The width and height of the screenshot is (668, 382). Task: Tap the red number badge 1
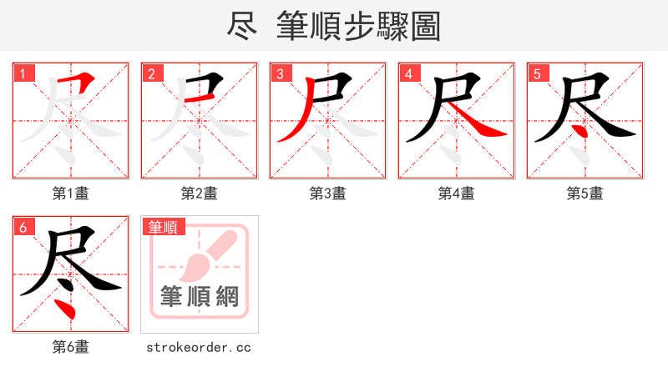[x=23, y=74]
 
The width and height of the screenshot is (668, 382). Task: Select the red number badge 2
[x=152, y=74]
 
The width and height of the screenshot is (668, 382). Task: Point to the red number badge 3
[x=281, y=74]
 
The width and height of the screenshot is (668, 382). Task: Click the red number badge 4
[x=409, y=74]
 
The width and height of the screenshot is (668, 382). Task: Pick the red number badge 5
[x=538, y=74]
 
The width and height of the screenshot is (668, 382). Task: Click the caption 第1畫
[x=71, y=194]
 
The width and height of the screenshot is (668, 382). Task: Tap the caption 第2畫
[x=200, y=194]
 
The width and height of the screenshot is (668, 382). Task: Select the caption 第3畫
[x=328, y=194]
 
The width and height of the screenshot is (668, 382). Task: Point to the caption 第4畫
[x=457, y=194]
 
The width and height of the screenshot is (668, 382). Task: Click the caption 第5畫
[x=585, y=194]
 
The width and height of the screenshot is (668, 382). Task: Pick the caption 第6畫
[x=71, y=347]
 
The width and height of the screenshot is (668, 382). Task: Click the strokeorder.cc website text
[x=199, y=347]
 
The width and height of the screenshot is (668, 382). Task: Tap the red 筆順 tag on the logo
[x=163, y=227]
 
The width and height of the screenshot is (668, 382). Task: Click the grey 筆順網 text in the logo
[x=200, y=296]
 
